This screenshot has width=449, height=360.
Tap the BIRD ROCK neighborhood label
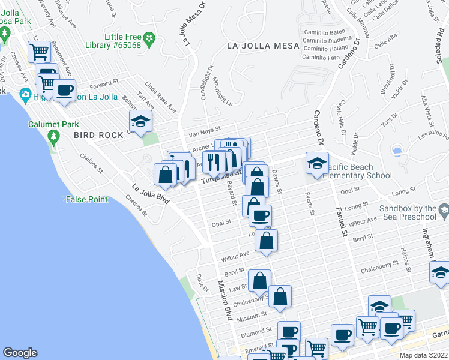97,135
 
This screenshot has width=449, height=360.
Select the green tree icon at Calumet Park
54,137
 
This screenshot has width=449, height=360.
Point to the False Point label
87,199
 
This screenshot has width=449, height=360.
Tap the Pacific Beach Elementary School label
357,172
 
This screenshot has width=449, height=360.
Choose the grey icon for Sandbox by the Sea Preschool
443,212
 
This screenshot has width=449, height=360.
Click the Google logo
20,353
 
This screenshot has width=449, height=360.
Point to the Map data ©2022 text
423,355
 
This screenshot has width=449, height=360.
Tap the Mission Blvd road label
224,301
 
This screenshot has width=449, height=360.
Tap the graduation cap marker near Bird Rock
140,122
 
